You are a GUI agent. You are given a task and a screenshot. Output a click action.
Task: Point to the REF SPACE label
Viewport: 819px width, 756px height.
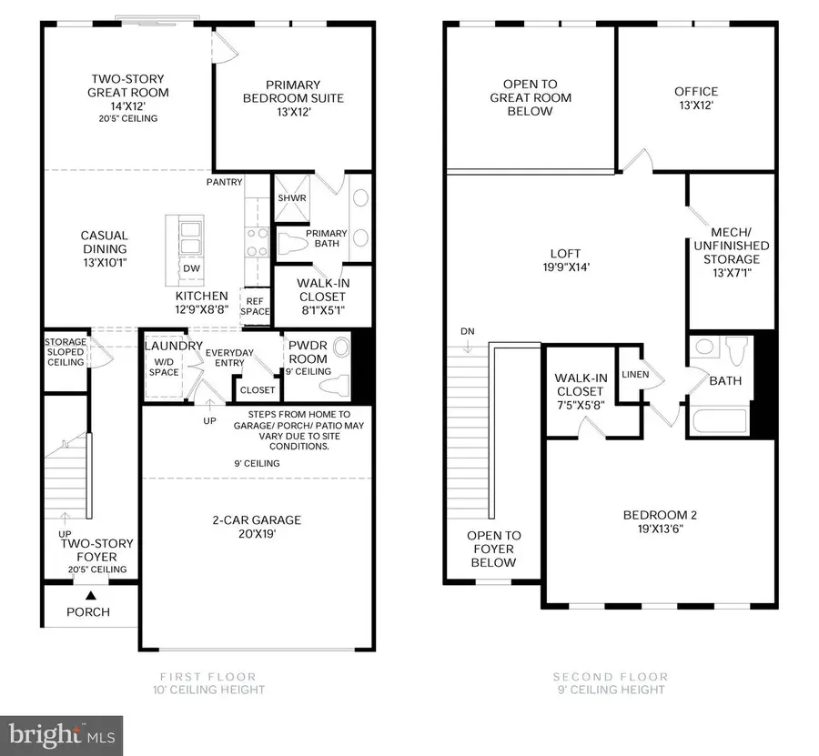[255, 306]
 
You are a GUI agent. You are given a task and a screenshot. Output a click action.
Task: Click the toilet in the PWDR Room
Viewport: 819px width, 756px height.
[336, 383]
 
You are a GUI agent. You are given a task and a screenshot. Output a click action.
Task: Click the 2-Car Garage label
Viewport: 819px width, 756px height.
[257, 519]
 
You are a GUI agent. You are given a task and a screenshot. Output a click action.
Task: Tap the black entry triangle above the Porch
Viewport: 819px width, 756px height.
[90, 594]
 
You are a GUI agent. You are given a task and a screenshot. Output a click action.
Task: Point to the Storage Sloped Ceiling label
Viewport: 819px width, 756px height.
[65, 352]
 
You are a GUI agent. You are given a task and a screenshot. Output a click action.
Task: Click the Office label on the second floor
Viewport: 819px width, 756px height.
[696, 91]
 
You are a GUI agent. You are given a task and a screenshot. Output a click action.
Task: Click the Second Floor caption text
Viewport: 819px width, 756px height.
[610, 677]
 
